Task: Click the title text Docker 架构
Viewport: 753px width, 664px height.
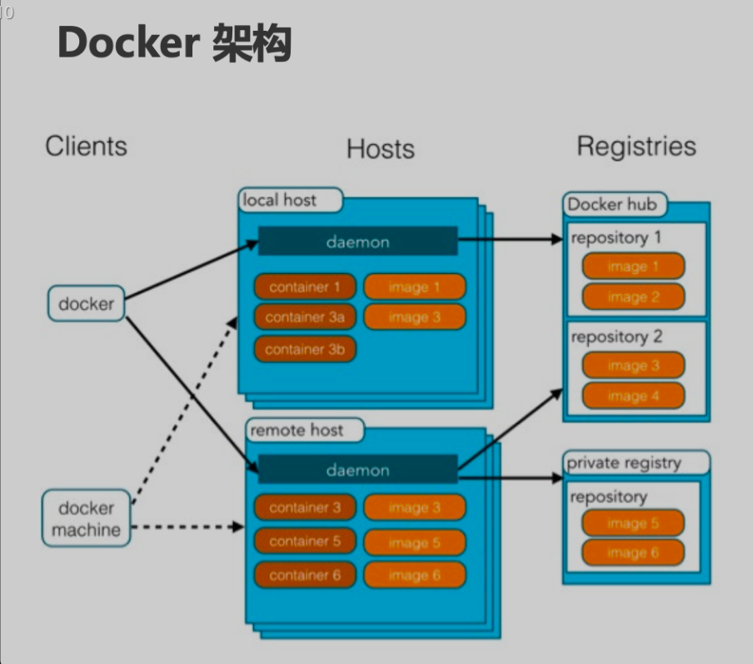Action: [x=174, y=43]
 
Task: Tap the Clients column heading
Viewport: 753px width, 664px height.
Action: [x=86, y=147]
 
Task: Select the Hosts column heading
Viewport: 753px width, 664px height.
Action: [x=380, y=149]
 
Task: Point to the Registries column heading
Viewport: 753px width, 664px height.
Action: [x=636, y=147]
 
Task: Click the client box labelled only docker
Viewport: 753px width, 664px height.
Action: [x=86, y=303]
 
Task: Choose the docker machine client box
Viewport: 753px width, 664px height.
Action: [x=86, y=518]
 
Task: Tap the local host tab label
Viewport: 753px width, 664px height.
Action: [x=279, y=200]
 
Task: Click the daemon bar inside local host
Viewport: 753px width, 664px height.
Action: [x=357, y=242]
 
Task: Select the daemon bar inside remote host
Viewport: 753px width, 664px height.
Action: [x=357, y=470]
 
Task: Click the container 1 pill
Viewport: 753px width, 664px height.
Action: [x=305, y=287]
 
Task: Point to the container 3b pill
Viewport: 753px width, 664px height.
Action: [x=305, y=349]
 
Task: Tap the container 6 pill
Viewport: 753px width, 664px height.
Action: [x=305, y=575]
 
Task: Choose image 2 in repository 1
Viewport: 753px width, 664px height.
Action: [x=633, y=297]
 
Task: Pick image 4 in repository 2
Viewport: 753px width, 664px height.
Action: [x=633, y=396]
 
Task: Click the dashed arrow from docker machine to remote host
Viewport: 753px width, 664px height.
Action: [x=187, y=527]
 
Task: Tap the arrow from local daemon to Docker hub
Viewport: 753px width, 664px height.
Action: [x=510, y=239]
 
